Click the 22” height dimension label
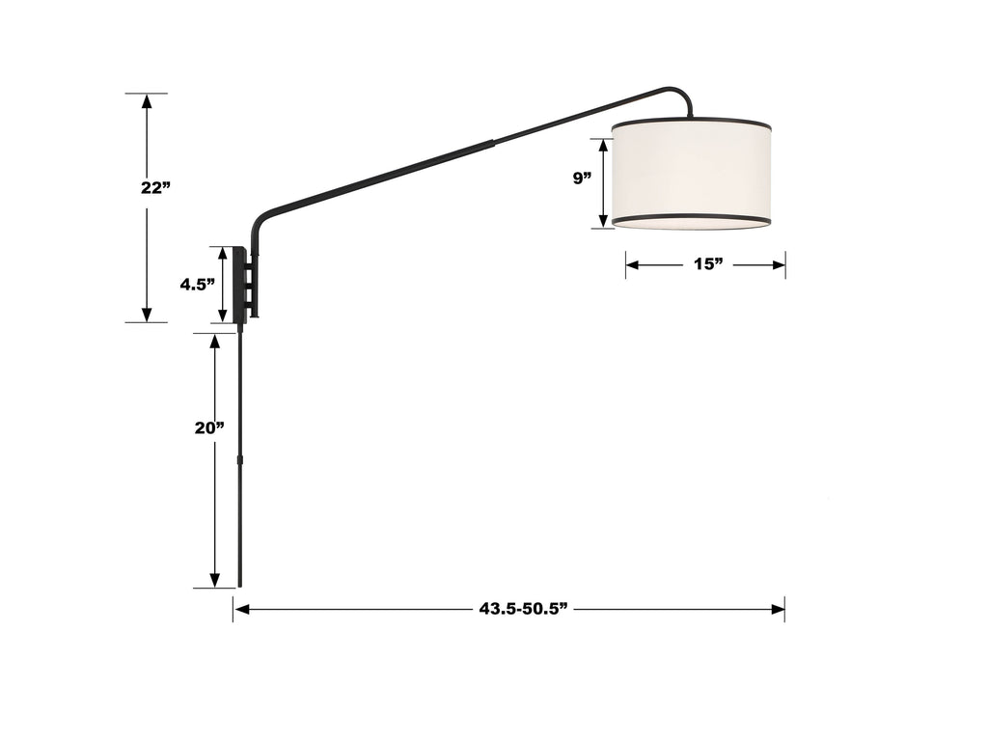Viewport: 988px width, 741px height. pyautogui.click(x=154, y=188)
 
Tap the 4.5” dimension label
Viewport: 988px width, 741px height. pyautogui.click(x=196, y=285)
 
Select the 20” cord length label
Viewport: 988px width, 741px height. pyautogui.click(x=209, y=428)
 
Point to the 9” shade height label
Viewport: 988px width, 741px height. pyautogui.click(x=581, y=178)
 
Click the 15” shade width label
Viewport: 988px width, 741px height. pyautogui.click(x=707, y=264)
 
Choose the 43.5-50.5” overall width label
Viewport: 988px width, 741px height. pyautogui.click(x=522, y=609)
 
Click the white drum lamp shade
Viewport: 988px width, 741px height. pyautogui.click(x=691, y=174)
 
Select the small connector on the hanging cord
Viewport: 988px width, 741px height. pyautogui.click(x=239, y=462)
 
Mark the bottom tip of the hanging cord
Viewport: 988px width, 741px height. pyautogui.click(x=239, y=584)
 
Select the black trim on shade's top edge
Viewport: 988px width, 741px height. pyautogui.click(x=691, y=123)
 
